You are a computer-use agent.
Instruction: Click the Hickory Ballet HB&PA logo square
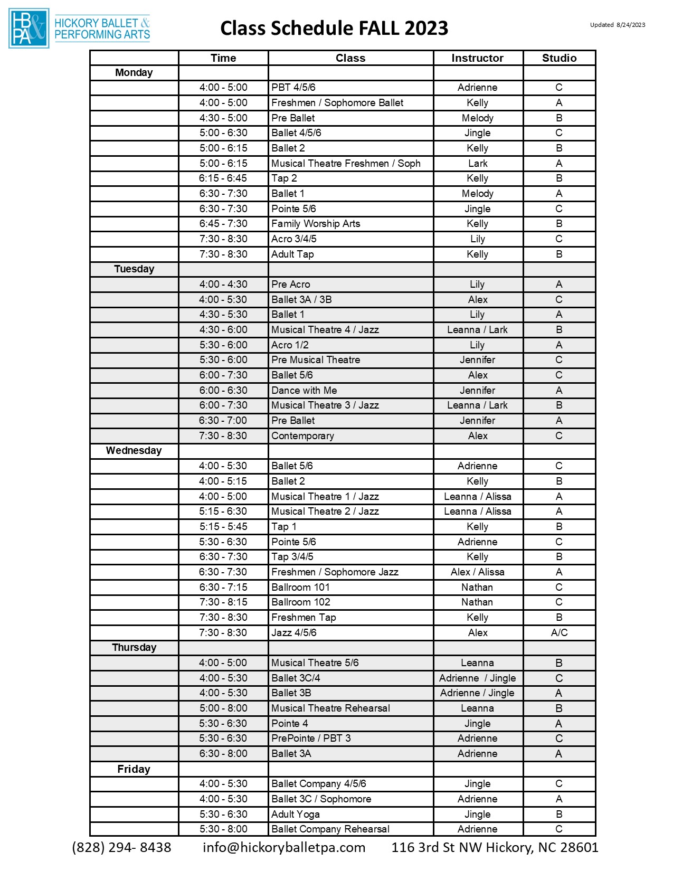click(29, 29)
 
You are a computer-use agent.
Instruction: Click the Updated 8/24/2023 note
click(617, 25)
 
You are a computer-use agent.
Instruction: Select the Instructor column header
click(477, 58)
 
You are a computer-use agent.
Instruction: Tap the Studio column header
click(559, 58)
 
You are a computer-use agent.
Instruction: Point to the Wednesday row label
click(134, 451)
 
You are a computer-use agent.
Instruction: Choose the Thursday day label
click(134, 648)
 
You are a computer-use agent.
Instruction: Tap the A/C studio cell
click(559, 633)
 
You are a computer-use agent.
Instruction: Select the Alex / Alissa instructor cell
click(477, 572)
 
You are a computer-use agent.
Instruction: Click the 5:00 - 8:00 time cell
click(223, 708)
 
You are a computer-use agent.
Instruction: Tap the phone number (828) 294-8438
click(121, 848)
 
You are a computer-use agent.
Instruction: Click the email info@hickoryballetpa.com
click(284, 848)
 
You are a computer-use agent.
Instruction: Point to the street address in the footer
click(495, 848)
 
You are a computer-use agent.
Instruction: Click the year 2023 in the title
click(426, 28)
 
